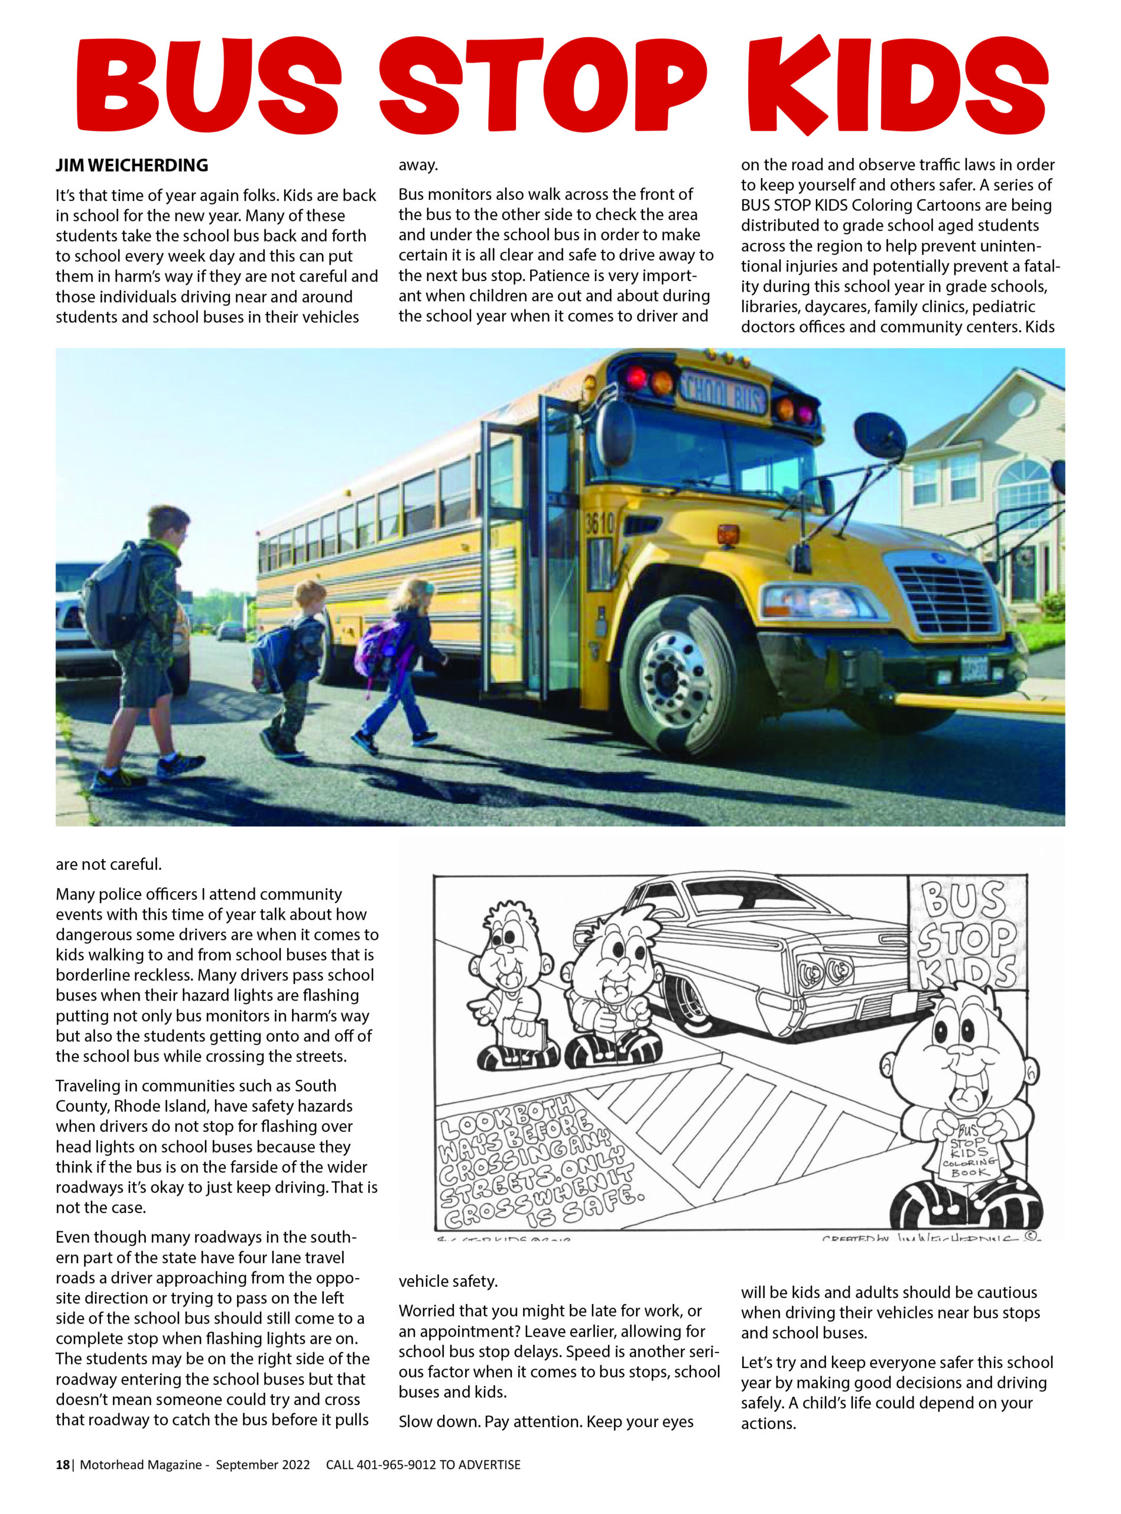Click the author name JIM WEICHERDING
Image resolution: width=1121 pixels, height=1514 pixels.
132,166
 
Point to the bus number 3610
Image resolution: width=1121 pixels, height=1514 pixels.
599,523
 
